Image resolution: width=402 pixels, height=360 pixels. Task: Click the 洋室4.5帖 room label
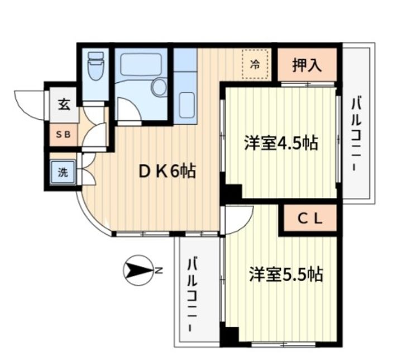pos(280,144)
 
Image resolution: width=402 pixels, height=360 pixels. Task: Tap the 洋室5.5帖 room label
pos(285,274)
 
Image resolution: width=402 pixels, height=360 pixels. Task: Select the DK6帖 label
pos(167,172)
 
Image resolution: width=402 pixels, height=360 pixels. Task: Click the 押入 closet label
pos(307,65)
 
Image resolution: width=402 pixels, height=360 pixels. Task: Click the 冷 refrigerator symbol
pos(255,65)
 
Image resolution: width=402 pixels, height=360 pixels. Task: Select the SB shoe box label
pos(63,135)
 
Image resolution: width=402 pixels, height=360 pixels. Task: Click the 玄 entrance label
pos(64,104)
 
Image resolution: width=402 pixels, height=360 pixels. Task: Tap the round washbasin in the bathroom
pos(159,88)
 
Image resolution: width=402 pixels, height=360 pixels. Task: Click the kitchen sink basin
pos(186,104)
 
